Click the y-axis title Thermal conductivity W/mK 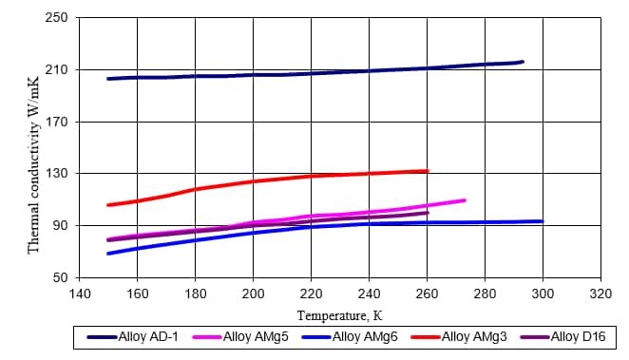[33, 148]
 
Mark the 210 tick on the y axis [56, 70]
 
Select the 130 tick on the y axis [56, 174]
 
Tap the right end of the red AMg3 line [428, 171]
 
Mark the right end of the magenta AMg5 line [465, 199]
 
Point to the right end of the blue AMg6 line [542, 221]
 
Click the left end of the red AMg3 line [108, 204]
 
